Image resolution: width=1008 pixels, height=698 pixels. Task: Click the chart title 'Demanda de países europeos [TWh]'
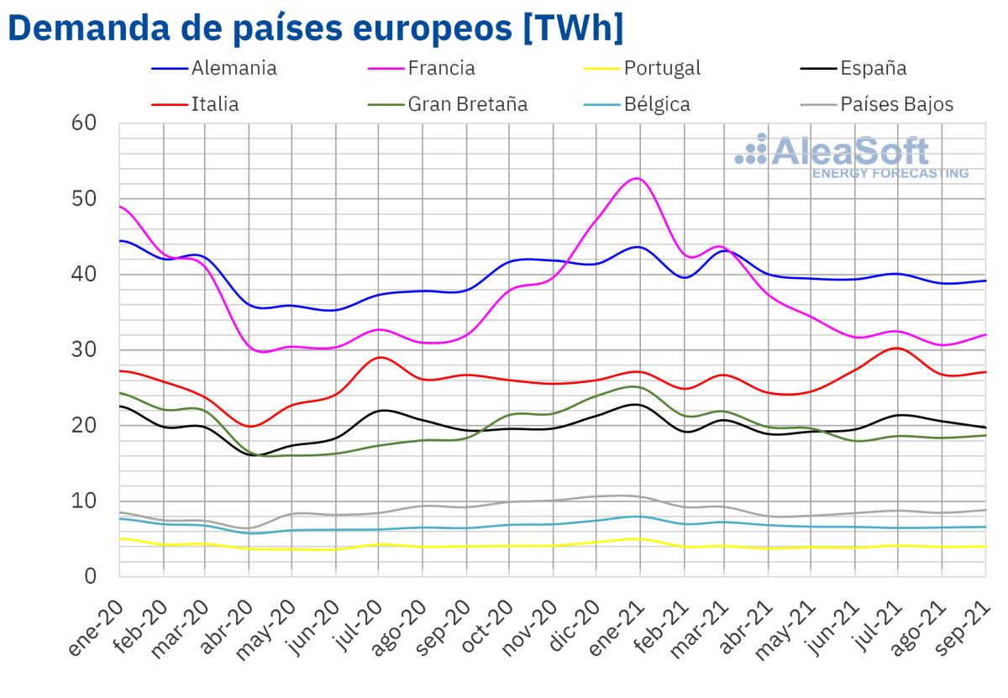click(315, 29)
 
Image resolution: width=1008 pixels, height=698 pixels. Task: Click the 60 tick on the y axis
click(85, 123)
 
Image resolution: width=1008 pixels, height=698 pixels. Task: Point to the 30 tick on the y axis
click(85, 350)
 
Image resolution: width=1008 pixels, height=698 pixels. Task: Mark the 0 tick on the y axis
click(91, 577)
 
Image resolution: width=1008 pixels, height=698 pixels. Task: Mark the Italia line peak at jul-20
click(380, 357)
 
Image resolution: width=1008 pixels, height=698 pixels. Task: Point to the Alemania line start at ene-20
click(120, 241)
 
